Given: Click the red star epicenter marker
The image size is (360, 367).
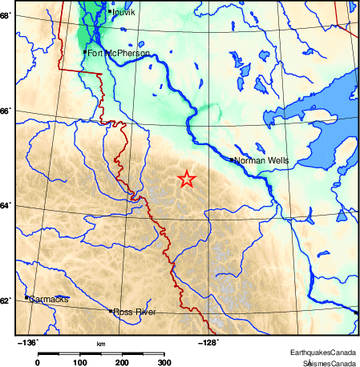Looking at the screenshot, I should (186, 179).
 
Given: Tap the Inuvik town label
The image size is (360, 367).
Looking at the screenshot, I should (124, 13).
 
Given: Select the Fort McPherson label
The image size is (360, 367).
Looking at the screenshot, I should (118, 53).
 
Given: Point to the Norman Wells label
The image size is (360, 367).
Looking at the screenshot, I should (261, 160).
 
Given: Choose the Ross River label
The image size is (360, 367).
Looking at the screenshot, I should (134, 312).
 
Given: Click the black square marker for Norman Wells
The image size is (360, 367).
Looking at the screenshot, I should (232, 159).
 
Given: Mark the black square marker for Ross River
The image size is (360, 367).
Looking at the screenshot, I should (110, 310).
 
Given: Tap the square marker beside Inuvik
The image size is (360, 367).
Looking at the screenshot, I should (109, 11).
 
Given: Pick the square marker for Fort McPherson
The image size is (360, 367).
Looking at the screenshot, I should (85, 52).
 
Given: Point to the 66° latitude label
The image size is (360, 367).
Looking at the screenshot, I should (6, 111).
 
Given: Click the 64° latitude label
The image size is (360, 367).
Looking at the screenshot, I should (6, 206).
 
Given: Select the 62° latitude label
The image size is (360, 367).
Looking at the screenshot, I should (6, 300).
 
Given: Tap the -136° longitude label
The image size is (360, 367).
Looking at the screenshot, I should (28, 341).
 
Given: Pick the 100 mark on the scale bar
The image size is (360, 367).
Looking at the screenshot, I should (80, 362).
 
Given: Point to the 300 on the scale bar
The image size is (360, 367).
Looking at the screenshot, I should (164, 362).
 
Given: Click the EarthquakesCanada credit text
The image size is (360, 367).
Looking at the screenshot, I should (323, 353).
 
